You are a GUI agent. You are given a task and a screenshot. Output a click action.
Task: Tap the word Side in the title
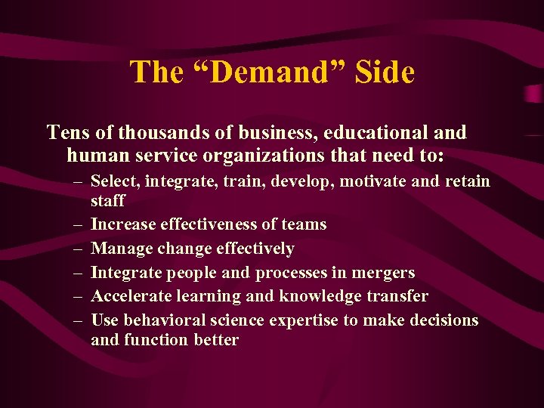point(383,73)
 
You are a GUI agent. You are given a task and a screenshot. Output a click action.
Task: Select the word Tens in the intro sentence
point(63,133)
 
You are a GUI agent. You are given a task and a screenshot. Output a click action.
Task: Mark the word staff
point(107,200)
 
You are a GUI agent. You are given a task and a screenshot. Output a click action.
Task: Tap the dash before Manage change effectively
point(79,249)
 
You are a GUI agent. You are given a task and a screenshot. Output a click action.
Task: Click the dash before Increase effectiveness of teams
point(79,224)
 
